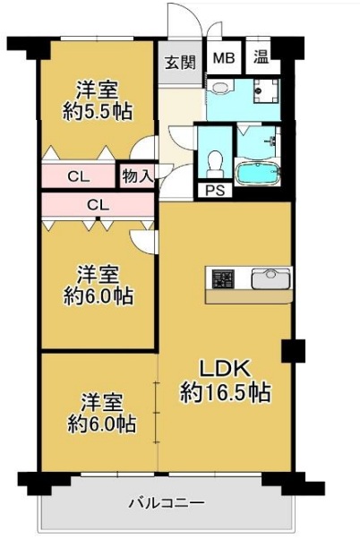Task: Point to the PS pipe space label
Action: tap(215, 190)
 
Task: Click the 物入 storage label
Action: tap(136, 176)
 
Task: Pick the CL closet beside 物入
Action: tap(79, 176)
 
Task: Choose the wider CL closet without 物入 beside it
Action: tap(98, 205)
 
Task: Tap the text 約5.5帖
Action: tap(96, 112)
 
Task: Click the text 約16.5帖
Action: tap(225, 391)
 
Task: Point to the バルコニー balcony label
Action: tap(165, 502)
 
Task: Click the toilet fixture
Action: tap(215, 163)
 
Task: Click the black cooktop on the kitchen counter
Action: tap(221, 279)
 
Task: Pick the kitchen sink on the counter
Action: tap(268, 279)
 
